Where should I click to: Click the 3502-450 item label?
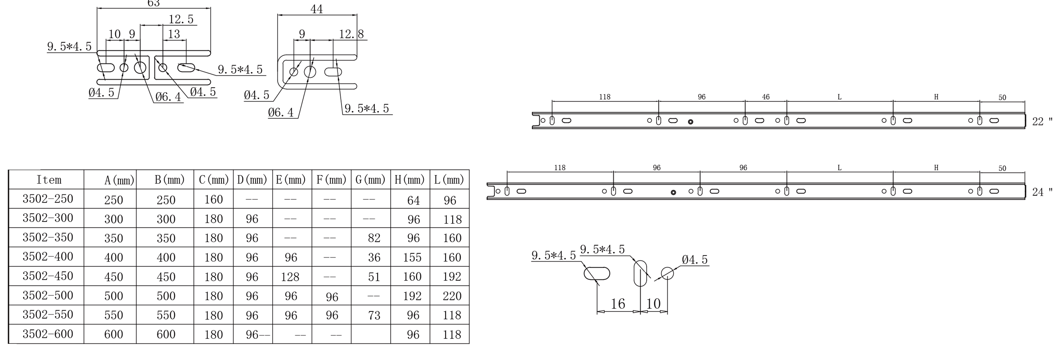(x=48, y=276)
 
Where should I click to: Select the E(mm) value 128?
(x=290, y=277)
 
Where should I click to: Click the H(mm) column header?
(x=409, y=180)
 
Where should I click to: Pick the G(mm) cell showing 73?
(x=374, y=315)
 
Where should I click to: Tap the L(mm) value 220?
(x=452, y=296)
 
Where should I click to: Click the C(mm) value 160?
(x=214, y=199)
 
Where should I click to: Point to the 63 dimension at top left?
(x=153, y=4)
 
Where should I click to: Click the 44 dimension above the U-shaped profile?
(x=316, y=9)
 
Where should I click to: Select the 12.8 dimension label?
(x=351, y=34)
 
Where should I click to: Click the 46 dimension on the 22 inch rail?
(x=765, y=97)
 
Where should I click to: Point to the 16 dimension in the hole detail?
(x=618, y=304)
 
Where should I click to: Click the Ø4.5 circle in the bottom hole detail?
(x=667, y=273)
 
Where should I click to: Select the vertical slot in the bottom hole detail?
(x=640, y=273)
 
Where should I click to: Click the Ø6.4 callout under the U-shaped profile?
(x=281, y=112)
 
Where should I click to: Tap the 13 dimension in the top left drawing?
(x=174, y=34)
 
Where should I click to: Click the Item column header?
(x=49, y=180)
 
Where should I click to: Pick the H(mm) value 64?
(x=413, y=200)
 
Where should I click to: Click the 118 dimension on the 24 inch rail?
(x=559, y=168)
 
